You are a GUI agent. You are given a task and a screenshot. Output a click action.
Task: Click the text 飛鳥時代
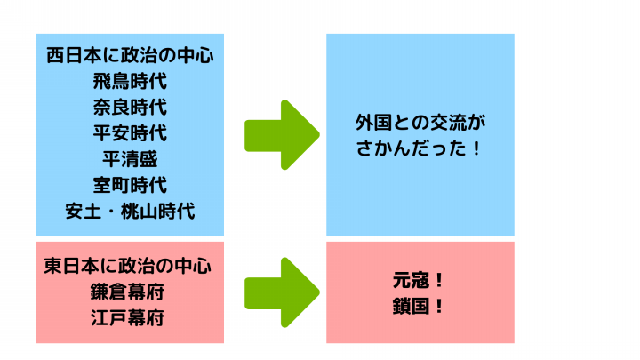pyautogui.click(x=130, y=81)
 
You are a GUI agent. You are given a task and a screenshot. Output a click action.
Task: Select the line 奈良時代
pyautogui.click(x=130, y=108)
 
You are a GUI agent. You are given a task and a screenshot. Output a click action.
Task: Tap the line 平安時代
pyautogui.click(x=130, y=133)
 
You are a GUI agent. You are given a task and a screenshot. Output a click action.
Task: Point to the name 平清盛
pyautogui.click(x=130, y=159)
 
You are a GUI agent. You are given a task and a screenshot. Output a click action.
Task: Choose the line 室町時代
pyautogui.click(x=130, y=185)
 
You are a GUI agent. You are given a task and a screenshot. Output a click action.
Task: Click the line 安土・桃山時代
pyautogui.click(x=130, y=212)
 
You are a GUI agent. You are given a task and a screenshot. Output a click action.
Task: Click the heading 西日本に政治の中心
pyautogui.click(x=130, y=55)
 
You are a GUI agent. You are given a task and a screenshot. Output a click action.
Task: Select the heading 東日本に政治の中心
pyautogui.click(x=127, y=266)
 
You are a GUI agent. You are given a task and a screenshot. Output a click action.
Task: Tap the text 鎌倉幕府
pyautogui.click(x=127, y=292)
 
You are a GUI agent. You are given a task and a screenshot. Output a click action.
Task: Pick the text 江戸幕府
pyautogui.click(x=127, y=318)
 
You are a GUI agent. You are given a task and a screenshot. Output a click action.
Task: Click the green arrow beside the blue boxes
pyautogui.click(x=282, y=135)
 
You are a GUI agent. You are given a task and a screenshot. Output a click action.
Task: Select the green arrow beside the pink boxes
pyautogui.click(x=282, y=292)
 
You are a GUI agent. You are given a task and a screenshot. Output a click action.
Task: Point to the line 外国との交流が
pyautogui.click(x=420, y=123)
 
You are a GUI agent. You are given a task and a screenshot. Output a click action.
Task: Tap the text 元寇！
pyautogui.click(x=418, y=280)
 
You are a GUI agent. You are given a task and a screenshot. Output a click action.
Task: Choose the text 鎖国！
pyautogui.click(x=418, y=306)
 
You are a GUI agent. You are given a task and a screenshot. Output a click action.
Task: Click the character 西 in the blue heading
pyautogui.click(x=55, y=55)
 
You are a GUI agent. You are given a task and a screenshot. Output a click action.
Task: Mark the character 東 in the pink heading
pyautogui.click(x=52, y=266)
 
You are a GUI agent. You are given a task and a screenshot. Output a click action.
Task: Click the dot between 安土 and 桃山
pyautogui.click(x=111, y=212)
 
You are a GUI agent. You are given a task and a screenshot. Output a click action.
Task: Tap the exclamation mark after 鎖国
pyautogui.click(x=439, y=306)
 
